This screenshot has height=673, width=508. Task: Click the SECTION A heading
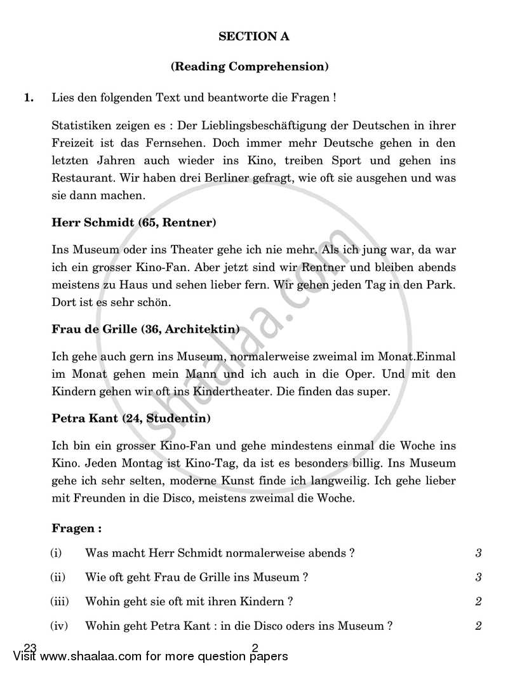tap(253, 37)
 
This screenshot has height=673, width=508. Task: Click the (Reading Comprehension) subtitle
tap(253, 66)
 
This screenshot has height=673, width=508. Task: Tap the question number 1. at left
tap(29, 98)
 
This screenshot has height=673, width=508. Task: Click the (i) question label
tap(56, 553)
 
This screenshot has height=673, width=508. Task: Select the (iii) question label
tap(58, 601)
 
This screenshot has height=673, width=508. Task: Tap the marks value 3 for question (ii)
tap(478, 577)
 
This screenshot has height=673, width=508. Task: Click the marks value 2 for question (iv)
tap(478, 626)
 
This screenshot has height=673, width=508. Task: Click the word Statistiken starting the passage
tap(81, 126)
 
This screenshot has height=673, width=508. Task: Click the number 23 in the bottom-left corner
tap(29, 647)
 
